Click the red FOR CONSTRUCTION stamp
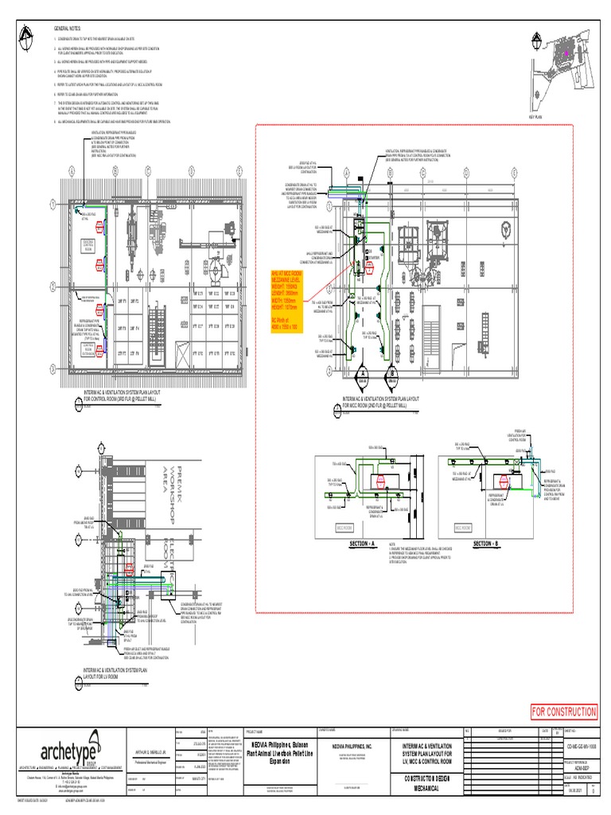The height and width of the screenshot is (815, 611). [x=563, y=712]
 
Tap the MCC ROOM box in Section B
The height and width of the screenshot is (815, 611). [x=463, y=527]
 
